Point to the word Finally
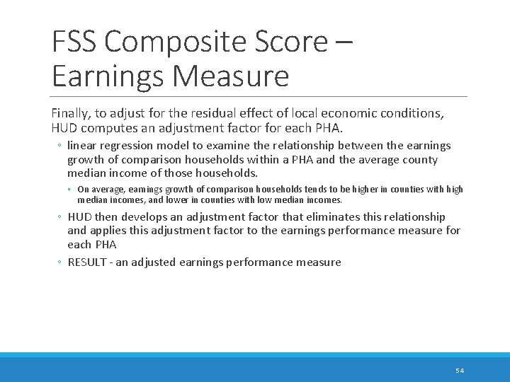[71, 113]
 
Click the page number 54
[460, 371]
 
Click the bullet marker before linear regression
[60, 146]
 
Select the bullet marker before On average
[71, 190]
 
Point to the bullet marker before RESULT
[60, 263]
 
